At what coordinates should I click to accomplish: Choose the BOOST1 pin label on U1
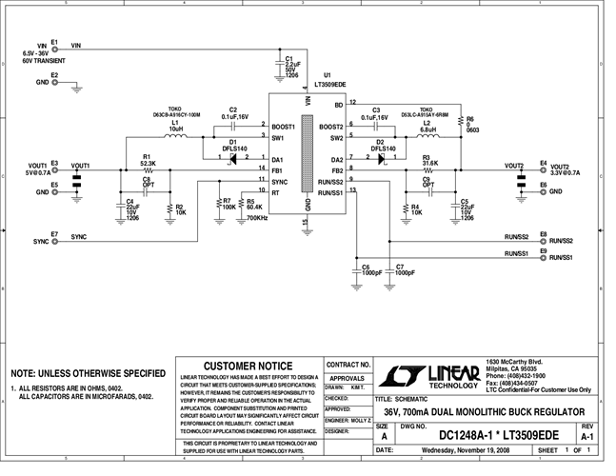(x=284, y=126)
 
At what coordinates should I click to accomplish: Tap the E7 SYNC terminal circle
(x=54, y=240)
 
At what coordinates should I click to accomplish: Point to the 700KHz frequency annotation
(x=256, y=218)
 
